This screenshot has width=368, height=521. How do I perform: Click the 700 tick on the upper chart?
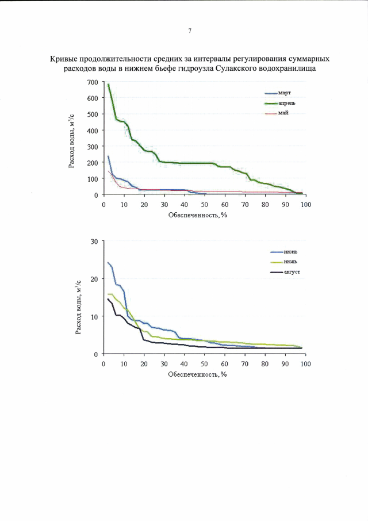[92, 82]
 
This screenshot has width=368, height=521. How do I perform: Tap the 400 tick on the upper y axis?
[92, 131]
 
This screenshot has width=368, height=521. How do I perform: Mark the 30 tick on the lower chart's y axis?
[94, 242]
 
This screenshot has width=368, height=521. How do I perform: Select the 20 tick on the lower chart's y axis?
[94, 279]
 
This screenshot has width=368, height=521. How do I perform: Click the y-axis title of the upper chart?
[73, 140]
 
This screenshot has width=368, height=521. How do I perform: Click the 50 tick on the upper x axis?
[204, 204]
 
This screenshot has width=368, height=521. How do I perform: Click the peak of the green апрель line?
[108, 85]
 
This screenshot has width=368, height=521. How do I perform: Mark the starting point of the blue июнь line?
[108, 263]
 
